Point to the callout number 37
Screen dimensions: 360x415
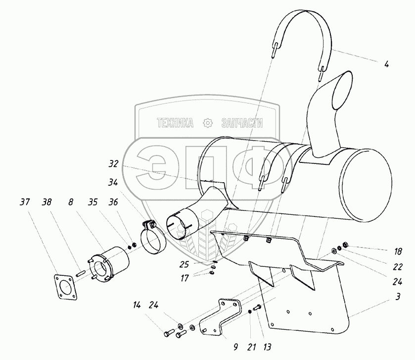[24, 203]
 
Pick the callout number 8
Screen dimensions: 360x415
[72, 203]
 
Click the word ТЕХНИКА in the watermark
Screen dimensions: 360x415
[175, 123]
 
